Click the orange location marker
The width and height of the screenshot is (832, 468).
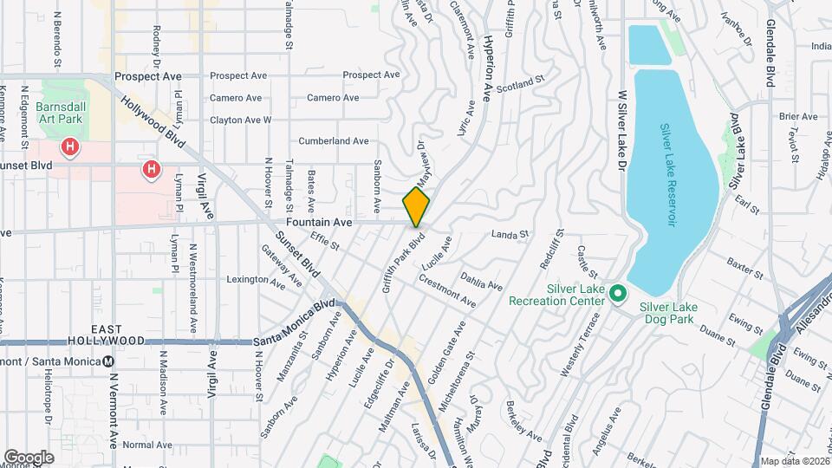417,207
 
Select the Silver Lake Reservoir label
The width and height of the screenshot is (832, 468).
667,174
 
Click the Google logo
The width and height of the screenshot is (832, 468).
29,457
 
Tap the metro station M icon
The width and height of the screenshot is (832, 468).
108,361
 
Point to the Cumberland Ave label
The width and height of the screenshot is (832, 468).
334,140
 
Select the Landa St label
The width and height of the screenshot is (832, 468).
510,233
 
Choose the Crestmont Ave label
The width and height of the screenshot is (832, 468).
447,291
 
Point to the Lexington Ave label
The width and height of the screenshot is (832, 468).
256,281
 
